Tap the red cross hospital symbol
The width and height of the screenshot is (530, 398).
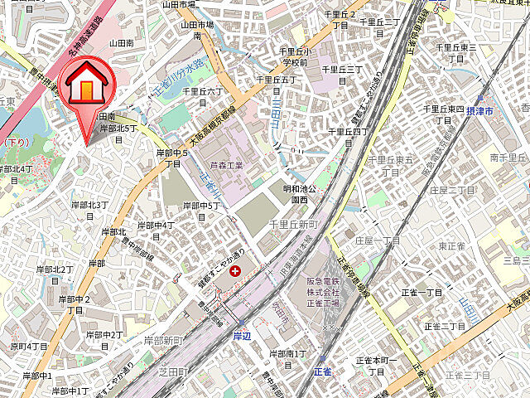236,271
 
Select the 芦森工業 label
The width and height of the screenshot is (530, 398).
224,166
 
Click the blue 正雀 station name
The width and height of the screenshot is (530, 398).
323,371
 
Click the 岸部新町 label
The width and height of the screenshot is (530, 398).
163,340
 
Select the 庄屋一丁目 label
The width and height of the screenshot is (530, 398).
377,240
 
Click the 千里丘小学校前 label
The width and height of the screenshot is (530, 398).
293,56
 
